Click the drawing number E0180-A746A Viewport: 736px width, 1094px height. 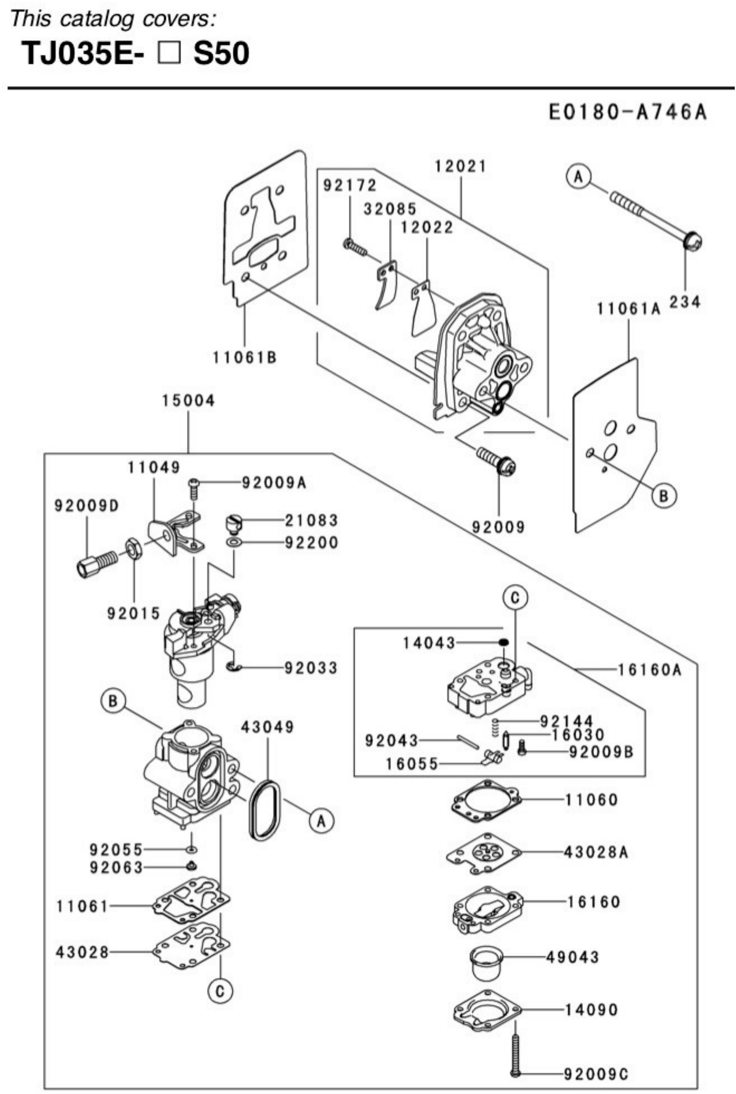pos(628,113)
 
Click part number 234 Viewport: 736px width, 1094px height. pos(685,302)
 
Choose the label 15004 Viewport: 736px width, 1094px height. pos(188,401)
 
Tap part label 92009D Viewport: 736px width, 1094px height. pos(87,506)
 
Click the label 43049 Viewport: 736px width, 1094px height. pos(268,727)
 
